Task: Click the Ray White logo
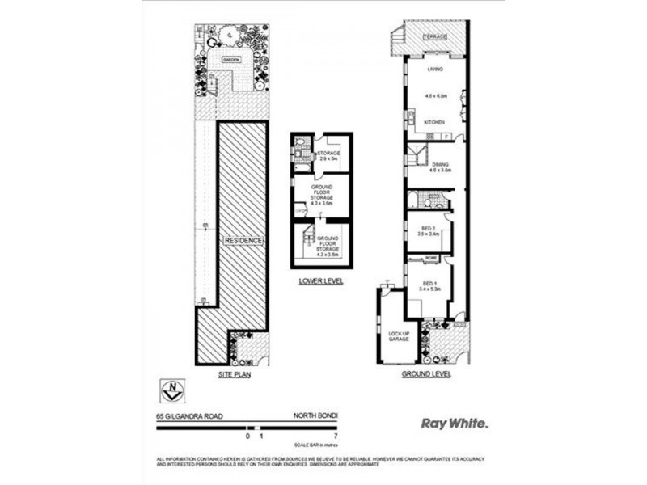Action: click(x=455, y=422)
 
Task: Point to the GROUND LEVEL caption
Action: click(x=426, y=375)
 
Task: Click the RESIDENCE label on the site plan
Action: click(x=244, y=241)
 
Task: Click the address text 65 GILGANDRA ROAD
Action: click(x=189, y=416)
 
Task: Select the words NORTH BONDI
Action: click(x=315, y=416)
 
